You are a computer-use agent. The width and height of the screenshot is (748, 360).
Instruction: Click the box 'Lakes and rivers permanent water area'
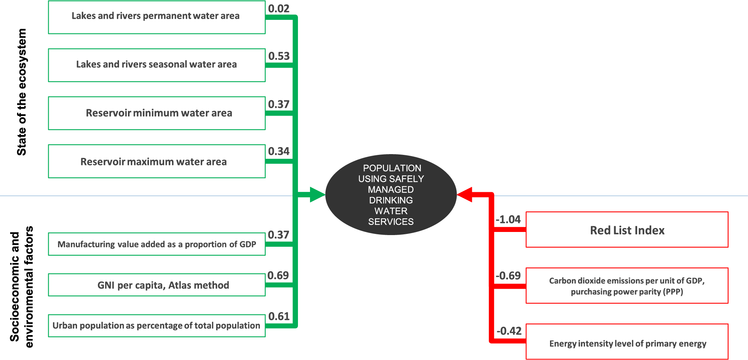pyautogui.click(x=156, y=17)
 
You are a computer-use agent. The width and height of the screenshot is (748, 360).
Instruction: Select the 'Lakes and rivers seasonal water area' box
pyautogui.click(x=156, y=65)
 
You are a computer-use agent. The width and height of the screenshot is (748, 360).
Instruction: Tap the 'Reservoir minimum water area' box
pyautogui.click(x=156, y=113)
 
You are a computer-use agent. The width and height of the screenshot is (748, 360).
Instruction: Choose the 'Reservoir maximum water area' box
pyautogui.click(x=156, y=161)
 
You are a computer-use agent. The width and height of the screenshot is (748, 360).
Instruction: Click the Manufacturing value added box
pyautogui.click(x=156, y=244)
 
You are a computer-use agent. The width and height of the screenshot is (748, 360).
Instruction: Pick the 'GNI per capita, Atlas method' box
pyautogui.click(x=156, y=285)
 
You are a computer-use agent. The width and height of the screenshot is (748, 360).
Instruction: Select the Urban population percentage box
pyautogui.click(x=156, y=325)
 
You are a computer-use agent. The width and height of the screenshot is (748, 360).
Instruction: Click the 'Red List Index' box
pyautogui.click(x=627, y=230)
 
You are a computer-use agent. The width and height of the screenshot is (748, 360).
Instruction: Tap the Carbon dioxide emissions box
pyautogui.click(x=627, y=286)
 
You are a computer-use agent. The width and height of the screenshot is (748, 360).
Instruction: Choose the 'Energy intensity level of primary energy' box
pyautogui.click(x=627, y=342)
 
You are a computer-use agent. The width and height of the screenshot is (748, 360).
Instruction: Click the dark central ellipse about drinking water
pyautogui.click(x=391, y=195)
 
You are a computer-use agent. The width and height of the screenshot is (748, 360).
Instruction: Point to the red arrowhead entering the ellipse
pyautogui.click(x=465, y=195)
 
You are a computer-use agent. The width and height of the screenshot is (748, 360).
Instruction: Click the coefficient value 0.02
pyautogui.click(x=279, y=9)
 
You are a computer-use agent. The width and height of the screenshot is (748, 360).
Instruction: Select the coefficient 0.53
pyautogui.click(x=279, y=56)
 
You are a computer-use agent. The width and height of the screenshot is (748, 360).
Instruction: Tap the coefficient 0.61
pyautogui.click(x=279, y=316)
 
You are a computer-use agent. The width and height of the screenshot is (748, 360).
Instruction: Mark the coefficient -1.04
pyautogui.click(x=508, y=220)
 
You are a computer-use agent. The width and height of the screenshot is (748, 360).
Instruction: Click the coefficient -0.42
pyautogui.click(x=509, y=331)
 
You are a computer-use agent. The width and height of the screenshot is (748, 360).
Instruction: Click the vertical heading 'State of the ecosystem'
pyautogui.click(x=22, y=92)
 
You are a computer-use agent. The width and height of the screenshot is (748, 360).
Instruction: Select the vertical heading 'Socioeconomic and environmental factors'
pyautogui.click(x=22, y=286)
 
